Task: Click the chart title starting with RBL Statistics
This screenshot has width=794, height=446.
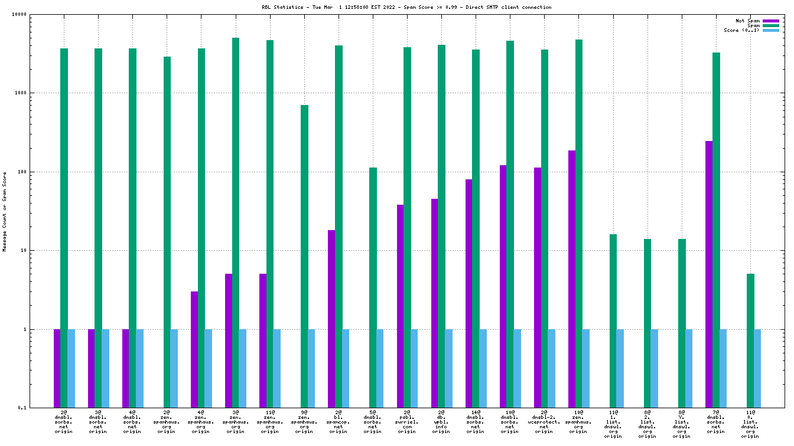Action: (x=406, y=7)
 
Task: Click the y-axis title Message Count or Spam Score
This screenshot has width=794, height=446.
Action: (x=5, y=212)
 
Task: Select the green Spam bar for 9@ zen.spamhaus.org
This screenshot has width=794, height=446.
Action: (x=304, y=256)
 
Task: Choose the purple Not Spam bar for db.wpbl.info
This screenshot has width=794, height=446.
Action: (x=434, y=303)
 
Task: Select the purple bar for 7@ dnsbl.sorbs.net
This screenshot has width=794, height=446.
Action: (x=708, y=274)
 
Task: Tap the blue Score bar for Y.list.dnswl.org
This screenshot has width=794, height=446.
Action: (x=689, y=368)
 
